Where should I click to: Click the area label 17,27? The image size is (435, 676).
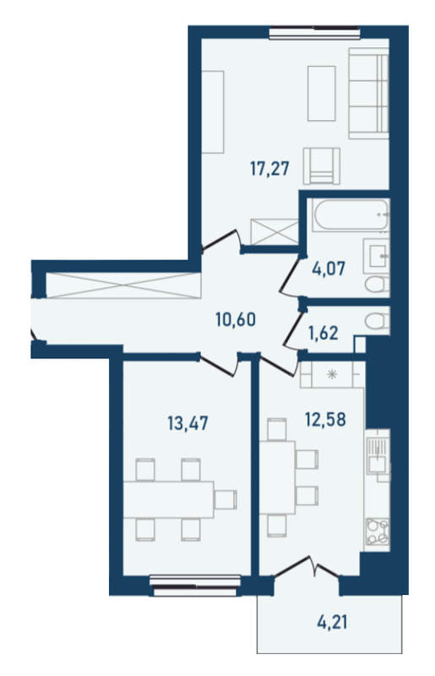[x=269, y=168]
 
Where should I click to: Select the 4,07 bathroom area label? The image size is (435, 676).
[x=327, y=272]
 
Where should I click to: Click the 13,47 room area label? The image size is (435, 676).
[x=187, y=422]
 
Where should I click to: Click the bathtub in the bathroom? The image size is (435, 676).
[x=348, y=217]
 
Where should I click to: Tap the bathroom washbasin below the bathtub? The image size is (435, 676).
[x=377, y=253]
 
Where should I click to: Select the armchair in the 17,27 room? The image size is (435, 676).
[x=322, y=165]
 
